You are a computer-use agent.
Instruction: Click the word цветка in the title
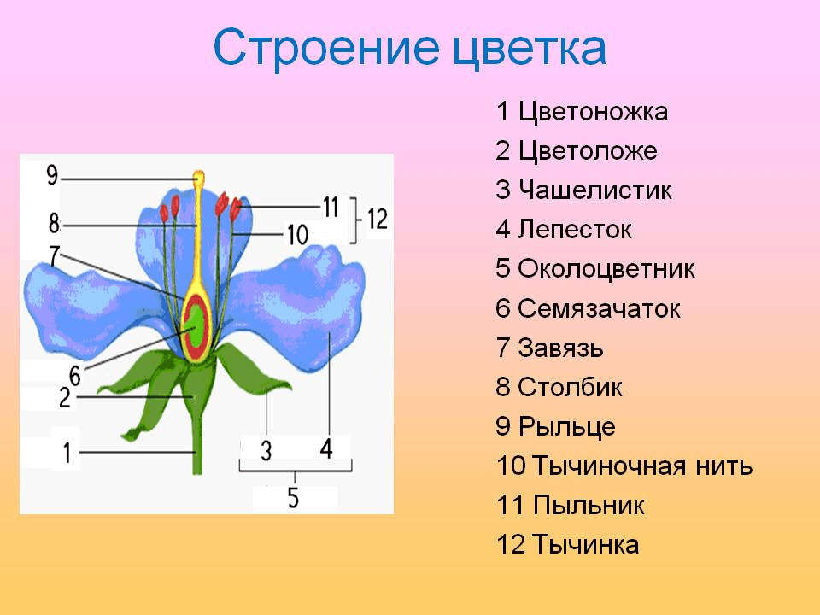coord(527,49)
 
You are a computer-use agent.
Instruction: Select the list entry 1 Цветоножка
coord(581,112)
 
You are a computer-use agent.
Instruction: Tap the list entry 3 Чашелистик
coord(583,190)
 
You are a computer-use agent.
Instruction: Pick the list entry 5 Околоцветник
coord(594,269)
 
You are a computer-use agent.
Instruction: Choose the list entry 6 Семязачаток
coord(588,308)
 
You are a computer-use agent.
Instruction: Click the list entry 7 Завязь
coord(549,348)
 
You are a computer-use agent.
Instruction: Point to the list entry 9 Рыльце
coord(554,426)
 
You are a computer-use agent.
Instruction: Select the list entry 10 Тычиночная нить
coord(624,466)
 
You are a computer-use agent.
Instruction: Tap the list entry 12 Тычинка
coord(567,545)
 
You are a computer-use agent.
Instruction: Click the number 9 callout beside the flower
coord(52,177)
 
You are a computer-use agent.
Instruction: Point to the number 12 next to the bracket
coord(377,220)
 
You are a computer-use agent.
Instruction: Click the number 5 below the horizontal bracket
coord(293,498)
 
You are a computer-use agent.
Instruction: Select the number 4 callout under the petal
coord(327,448)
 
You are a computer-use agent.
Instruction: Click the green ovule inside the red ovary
coord(196,325)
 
